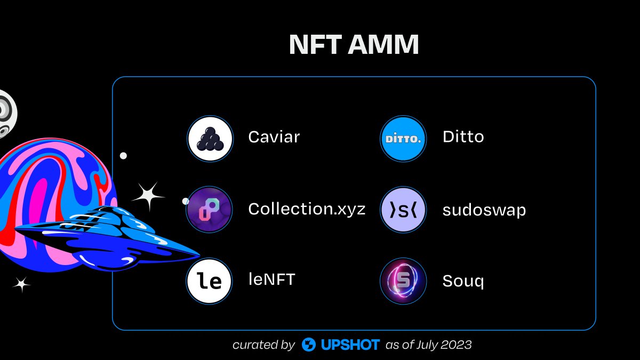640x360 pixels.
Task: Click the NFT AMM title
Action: click(x=354, y=46)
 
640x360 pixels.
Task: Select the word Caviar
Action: click(x=274, y=137)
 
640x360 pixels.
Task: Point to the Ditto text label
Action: click(x=463, y=137)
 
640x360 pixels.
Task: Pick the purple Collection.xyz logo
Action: click(x=210, y=210)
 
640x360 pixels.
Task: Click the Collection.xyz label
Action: click(x=307, y=209)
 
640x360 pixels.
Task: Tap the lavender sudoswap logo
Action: click(x=403, y=210)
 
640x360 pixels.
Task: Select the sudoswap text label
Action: click(x=484, y=210)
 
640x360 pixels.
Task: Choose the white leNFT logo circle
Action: click(x=210, y=281)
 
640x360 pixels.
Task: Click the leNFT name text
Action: click(x=271, y=279)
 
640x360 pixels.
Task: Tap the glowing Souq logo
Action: click(x=403, y=281)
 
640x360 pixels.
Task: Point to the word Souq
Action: click(x=463, y=281)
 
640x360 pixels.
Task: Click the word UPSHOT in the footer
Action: click(x=350, y=345)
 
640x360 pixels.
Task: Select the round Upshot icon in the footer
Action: click(x=309, y=345)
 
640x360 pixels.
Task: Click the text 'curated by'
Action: click(x=263, y=345)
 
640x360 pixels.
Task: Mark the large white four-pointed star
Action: click(x=148, y=197)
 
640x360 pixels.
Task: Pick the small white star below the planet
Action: click(x=22, y=285)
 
